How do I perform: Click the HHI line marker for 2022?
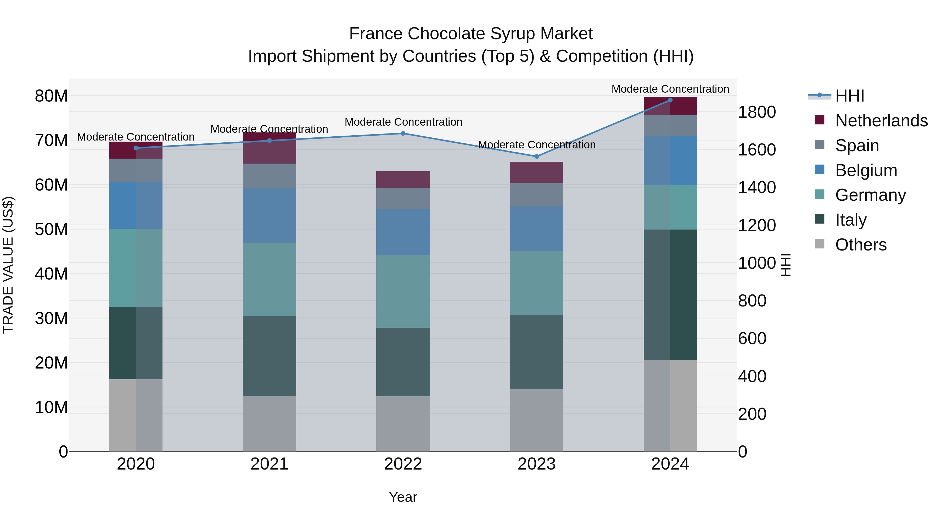point(403,133)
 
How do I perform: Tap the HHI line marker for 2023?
point(536,157)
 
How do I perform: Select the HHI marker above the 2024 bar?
point(670,100)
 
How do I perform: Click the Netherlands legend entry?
point(881,121)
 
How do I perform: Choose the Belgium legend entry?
point(866,170)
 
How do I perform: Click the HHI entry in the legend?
point(849,96)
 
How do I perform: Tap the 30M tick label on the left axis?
point(51,318)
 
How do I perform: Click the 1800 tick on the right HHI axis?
point(756,112)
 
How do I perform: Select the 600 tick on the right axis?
point(752,338)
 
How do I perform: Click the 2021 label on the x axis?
point(269,464)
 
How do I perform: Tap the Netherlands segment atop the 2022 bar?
point(403,179)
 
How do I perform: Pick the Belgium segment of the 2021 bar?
point(269,215)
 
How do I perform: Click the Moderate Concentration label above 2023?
point(536,145)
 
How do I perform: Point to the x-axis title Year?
point(403,497)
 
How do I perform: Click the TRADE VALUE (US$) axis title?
point(8,265)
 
